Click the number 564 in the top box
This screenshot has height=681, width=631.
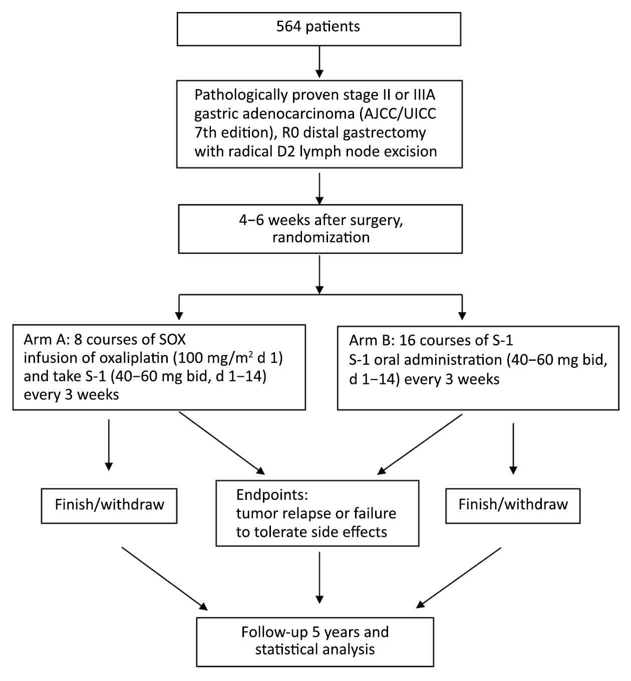pyautogui.click(x=289, y=27)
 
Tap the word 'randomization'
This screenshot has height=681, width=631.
pyautogui.click(x=321, y=237)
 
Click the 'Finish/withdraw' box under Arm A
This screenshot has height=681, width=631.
pyautogui.click(x=109, y=506)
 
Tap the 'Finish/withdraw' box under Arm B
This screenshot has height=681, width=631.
pyautogui.click(x=513, y=506)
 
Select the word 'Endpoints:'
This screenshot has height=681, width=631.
pyautogui.click(x=272, y=495)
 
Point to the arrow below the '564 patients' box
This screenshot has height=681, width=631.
pyautogui.click(x=320, y=62)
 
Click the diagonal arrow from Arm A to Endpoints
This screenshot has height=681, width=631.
pyautogui.click(x=222, y=443)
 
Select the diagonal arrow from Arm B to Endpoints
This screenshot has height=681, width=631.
pyautogui.click(x=420, y=444)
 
